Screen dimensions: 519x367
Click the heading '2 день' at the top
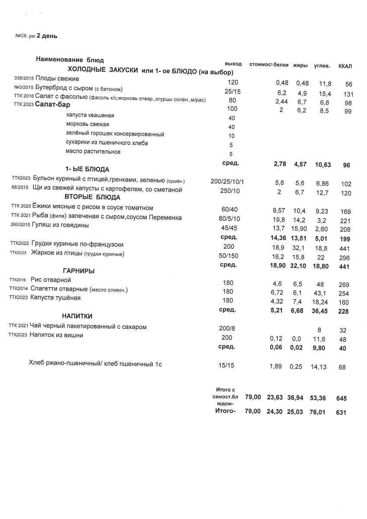pos(47,36)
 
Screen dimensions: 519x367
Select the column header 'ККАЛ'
pos(345,66)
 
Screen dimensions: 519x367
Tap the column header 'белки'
pos(281,65)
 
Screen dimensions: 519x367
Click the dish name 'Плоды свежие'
pos(57,79)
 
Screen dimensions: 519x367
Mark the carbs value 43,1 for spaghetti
pos(320,294)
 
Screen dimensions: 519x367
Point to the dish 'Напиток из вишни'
pos(56,335)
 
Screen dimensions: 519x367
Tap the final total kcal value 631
pos(341,413)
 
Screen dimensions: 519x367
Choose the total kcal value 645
pos(341,398)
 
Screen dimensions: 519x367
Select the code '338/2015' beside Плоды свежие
pos(24,79)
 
